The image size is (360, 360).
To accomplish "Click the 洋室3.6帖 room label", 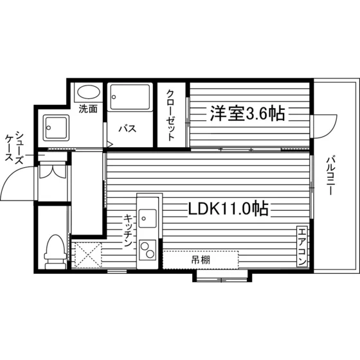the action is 248,113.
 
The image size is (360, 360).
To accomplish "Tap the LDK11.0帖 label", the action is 228,208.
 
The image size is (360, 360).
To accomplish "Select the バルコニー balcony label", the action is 330,175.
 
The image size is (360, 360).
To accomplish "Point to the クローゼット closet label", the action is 170,115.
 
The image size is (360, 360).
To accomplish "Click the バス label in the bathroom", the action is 127,129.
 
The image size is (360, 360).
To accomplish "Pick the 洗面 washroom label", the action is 88,109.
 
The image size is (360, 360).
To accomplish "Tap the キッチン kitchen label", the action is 128,231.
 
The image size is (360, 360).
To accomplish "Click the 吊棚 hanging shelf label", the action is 201,260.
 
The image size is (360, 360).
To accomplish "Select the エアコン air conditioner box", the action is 302,246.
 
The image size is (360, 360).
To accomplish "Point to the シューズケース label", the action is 14,148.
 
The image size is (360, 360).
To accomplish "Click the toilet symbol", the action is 55,251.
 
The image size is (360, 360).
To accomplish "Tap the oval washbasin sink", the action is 89,93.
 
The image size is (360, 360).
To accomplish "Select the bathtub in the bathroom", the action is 130,97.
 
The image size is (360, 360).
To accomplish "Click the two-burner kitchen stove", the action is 147,250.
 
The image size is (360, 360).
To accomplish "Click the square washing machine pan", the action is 56,128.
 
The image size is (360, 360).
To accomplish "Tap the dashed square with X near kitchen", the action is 88,255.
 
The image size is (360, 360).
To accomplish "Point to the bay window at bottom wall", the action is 222,276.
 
